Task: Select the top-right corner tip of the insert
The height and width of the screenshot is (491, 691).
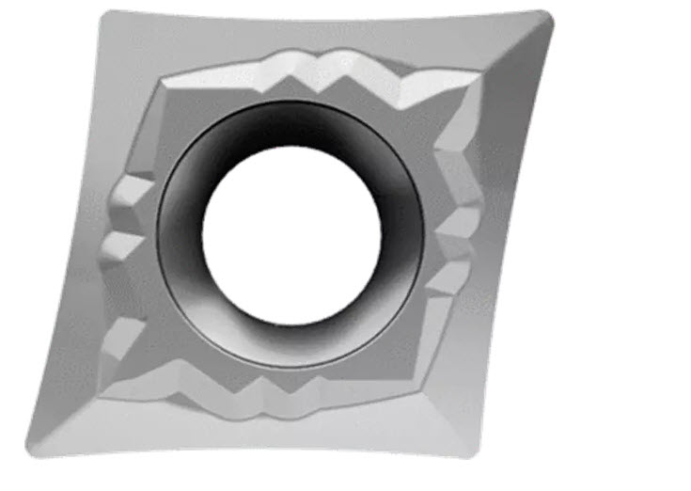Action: [x=547, y=16]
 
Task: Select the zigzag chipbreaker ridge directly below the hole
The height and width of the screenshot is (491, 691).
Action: [x=282, y=400]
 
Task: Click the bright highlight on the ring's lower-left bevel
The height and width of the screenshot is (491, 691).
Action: [x=202, y=320]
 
